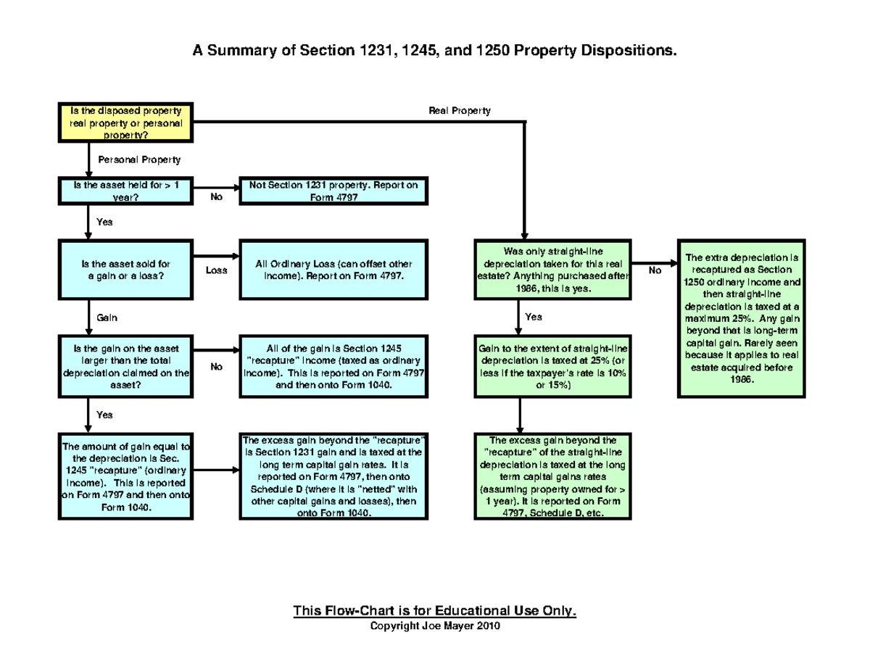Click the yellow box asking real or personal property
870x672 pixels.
125,123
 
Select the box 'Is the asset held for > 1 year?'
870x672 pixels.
125,191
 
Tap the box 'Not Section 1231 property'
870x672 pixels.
333,191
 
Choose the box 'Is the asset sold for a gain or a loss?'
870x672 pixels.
125,270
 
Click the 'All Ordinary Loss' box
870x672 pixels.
333,270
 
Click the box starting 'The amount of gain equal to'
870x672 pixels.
125,476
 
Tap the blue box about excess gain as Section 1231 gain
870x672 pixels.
333,476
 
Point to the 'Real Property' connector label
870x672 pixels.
460,111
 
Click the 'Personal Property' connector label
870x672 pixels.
134,159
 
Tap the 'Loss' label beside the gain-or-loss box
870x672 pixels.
216,270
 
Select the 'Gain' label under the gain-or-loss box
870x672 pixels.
107,318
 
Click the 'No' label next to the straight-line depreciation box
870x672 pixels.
655,270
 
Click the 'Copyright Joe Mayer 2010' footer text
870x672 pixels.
434,626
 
